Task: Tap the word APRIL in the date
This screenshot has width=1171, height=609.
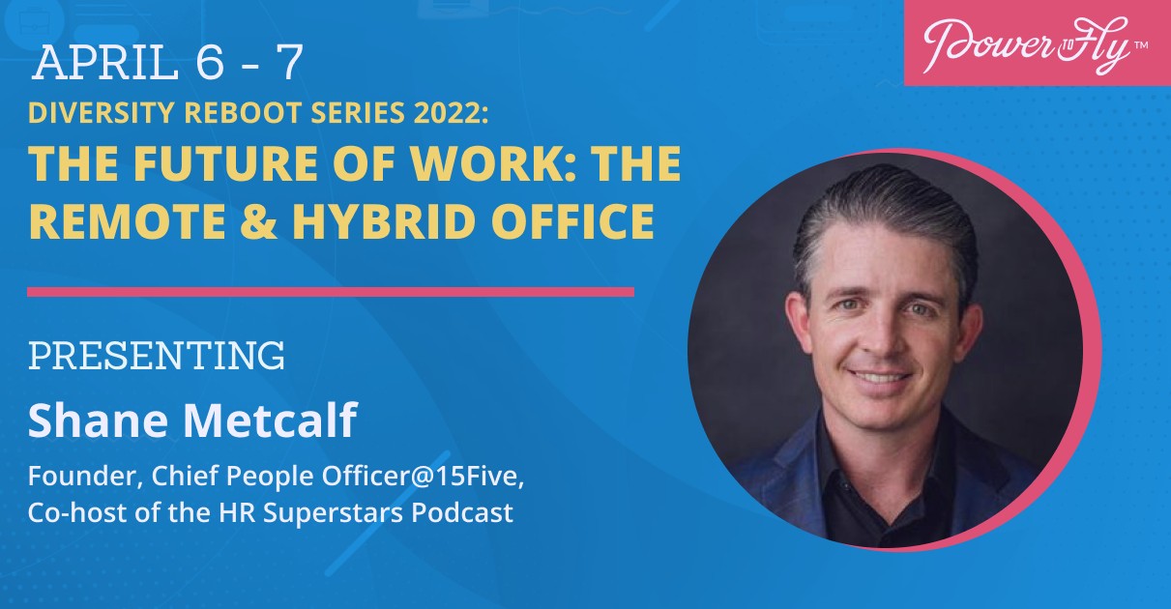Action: coord(105,63)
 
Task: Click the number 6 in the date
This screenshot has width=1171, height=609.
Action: coord(210,63)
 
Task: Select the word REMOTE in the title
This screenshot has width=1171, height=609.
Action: coord(127,221)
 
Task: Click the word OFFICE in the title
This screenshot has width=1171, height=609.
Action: coord(572,221)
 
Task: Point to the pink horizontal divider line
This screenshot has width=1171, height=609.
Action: coord(331,292)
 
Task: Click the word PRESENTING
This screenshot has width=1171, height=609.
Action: coord(157,356)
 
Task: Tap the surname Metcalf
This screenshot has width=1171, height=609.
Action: coord(270,420)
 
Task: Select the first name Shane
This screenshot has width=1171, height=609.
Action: coord(99,420)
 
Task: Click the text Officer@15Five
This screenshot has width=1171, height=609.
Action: coord(423,476)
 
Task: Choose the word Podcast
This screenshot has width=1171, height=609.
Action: coord(461,512)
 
